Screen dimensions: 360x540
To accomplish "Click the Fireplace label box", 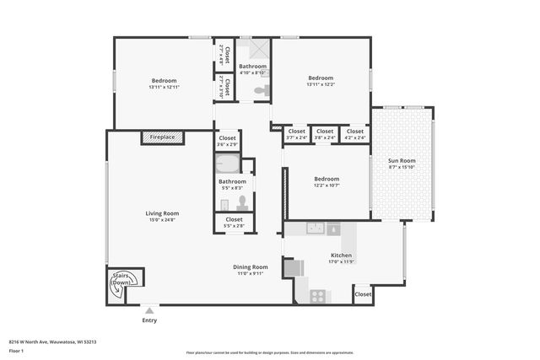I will pos(163,137).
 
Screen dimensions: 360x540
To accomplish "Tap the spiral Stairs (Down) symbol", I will pos(118,286).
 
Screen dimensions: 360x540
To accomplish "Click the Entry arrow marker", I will pos(149,310).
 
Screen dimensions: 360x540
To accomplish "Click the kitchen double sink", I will pos(316,228).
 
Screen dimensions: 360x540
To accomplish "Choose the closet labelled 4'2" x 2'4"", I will pos(354,134).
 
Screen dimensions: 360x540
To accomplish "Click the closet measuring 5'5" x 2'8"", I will pos(233,223).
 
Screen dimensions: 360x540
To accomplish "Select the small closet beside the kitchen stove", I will pos(362,294).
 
